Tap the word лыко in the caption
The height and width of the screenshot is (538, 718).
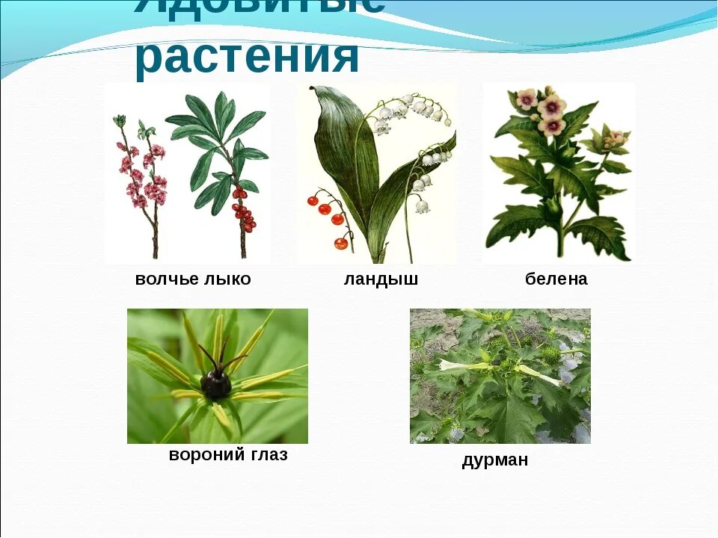click(227, 279)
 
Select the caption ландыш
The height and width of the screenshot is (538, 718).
click(381, 279)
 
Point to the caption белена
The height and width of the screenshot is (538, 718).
click(556, 279)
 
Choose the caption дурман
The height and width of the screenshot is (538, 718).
click(494, 460)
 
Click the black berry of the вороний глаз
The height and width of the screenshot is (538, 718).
click(215, 384)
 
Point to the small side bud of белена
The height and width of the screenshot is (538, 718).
click(615, 139)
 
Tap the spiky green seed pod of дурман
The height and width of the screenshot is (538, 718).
click(550, 354)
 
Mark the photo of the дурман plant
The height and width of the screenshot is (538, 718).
click(500, 376)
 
